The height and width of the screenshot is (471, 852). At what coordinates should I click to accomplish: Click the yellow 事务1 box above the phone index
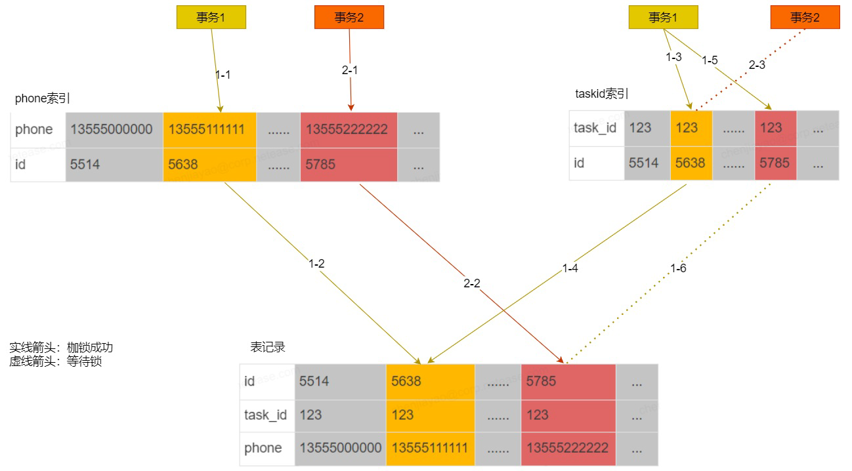[211, 17]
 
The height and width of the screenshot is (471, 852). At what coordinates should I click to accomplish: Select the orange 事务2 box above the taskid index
[805, 17]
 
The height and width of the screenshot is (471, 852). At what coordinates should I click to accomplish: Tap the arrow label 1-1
[223, 75]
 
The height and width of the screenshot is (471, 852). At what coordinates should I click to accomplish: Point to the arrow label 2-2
[472, 283]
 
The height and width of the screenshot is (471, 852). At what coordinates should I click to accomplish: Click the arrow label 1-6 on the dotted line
[678, 268]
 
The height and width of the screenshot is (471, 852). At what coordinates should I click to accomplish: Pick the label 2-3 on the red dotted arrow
[757, 65]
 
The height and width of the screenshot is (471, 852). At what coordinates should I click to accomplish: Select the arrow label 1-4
[570, 268]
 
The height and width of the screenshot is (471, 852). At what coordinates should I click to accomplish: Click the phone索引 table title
[42, 98]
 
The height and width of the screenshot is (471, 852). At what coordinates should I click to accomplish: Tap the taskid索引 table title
[601, 94]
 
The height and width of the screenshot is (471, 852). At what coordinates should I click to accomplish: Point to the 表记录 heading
[267, 347]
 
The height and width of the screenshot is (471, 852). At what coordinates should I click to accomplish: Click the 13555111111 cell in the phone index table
[209, 130]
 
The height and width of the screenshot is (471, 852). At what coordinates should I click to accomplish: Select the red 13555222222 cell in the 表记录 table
[568, 449]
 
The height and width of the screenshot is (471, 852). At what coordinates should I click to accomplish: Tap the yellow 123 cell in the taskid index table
[691, 128]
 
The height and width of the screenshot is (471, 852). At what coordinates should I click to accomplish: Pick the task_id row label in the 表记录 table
[265, 415]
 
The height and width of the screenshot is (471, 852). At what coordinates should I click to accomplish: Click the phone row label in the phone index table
[34, 130]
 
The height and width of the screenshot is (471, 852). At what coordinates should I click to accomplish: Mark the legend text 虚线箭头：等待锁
[56, 361]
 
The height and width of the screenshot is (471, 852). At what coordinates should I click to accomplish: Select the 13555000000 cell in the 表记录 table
[341, 449]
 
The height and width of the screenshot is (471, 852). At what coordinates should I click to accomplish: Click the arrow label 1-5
[710, 60]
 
